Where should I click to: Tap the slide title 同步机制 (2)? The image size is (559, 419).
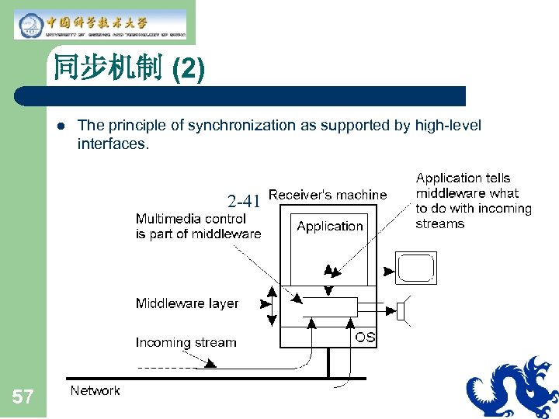tap(129, 70)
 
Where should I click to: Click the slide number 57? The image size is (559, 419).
tap(23, 398)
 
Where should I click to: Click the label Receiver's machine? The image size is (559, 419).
tap(327, 195)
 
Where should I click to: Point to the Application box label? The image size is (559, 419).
tap(330, 227)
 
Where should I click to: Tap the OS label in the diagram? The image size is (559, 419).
tap(365, 337)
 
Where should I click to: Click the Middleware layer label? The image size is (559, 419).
tap(187, 303)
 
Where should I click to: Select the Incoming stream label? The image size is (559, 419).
tap(186, 342)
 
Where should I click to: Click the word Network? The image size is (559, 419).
tap(95, 390)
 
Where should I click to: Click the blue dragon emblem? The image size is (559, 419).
tap(512, 387)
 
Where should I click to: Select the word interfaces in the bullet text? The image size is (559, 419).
tap(112, 144)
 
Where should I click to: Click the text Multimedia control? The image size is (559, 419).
tap(190, 219)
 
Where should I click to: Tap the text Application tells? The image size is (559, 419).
tap(463, 178)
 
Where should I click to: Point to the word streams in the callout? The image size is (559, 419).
tap(439, 224)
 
